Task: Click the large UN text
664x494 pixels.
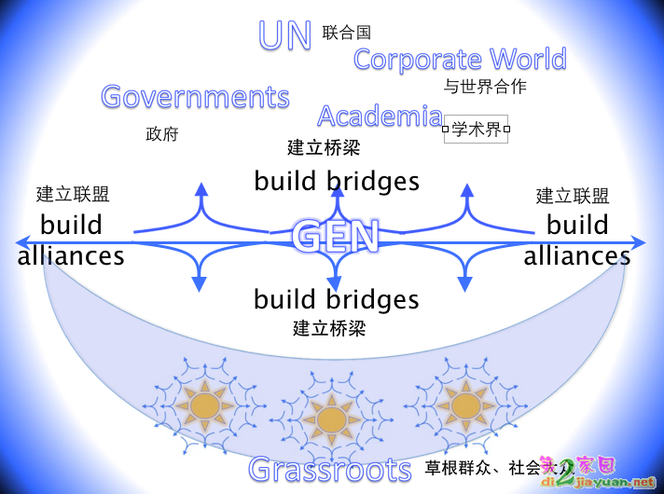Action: point(284,35)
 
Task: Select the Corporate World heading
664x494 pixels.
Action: point(460,60)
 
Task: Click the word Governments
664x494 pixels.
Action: point(195,97)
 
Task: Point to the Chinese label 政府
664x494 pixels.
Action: point(161,134)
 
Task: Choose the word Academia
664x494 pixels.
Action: point(380,117)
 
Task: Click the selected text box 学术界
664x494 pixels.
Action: point(476,130)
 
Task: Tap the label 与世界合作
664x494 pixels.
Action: point(484,87)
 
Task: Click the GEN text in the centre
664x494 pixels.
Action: point(336,236)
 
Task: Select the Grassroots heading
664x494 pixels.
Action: point(330,470)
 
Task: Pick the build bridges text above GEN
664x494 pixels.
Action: point(337,180)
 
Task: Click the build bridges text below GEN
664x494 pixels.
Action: point(337,299)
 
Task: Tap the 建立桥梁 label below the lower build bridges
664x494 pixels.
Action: point(329,328)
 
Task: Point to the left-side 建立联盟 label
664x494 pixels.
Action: point(73,194)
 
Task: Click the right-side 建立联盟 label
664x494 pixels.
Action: point(573,196)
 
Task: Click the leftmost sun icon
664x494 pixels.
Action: point(204,405)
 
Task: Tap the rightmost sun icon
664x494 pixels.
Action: point(463,405)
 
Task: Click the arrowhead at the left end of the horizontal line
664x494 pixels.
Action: point(22,242)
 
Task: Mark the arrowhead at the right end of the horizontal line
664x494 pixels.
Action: point(639,242)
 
